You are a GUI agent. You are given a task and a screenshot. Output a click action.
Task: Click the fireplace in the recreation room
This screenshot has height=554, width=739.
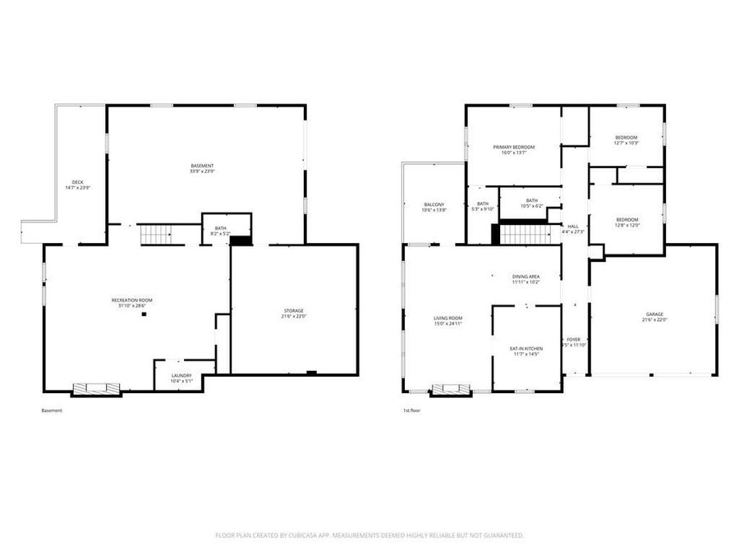[x=97, y=389]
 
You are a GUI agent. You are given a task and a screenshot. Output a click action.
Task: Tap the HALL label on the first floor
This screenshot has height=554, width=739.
[x=572, y=229]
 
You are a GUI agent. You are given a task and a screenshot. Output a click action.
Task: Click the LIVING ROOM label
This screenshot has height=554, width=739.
[x=448, y=320]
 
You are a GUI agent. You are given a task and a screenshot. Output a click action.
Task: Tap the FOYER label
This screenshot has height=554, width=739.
[x=573, y=341]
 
